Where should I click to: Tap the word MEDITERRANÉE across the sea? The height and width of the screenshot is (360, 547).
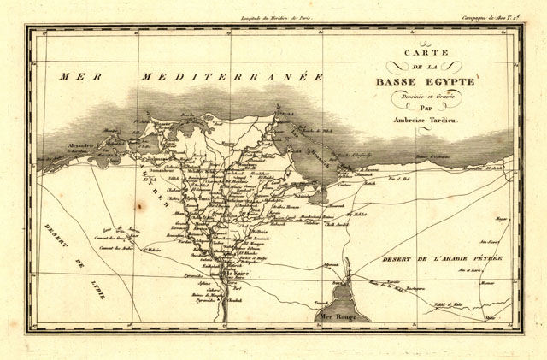[x=231, y=78]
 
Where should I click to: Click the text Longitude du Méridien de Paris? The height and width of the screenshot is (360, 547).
[x=273, y=17]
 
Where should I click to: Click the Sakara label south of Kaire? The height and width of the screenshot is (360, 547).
[x=206, y=291]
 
